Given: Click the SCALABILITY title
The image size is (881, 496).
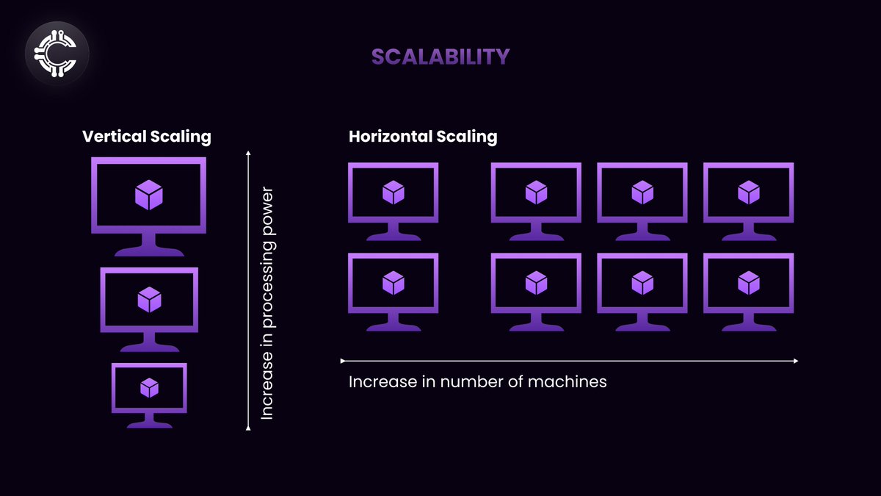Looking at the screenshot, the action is tap(440, 57).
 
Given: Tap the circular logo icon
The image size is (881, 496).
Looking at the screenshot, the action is tap(57, 53).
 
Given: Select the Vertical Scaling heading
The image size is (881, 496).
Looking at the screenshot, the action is tap(147, 136).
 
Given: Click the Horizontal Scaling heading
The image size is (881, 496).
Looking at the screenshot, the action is tap(423, 136).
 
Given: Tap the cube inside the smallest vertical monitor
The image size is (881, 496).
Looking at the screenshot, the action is tap(149, 387).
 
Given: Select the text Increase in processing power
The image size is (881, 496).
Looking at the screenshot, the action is tap(267, 304).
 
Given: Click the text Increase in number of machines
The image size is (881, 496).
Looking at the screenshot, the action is tap(477, 382).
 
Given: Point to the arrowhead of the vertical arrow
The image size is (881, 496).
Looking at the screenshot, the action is tap(248, 153).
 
